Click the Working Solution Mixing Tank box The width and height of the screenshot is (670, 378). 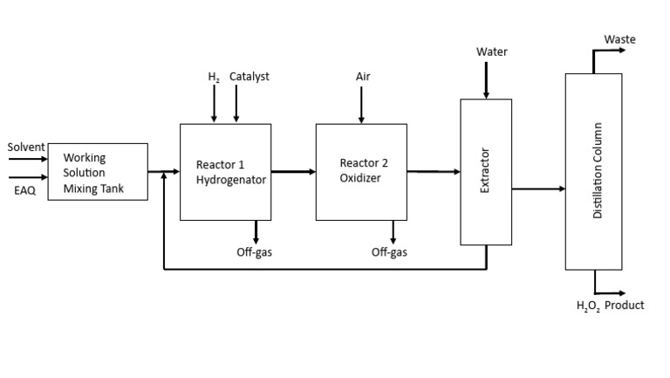[97, 171]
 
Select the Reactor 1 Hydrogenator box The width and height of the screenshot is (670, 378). [224, 172]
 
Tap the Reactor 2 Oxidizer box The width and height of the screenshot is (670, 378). [360, 172]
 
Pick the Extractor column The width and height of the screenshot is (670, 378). [486, 171]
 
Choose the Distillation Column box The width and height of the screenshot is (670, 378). [594, 171]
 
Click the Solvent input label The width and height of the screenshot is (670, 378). [26, 148]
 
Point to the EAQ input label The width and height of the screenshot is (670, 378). [25, 189]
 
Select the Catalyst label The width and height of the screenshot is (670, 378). [250, 77]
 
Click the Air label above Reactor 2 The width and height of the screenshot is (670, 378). [363, 77]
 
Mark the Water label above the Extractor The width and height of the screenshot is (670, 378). [491, 52]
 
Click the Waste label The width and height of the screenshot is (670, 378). [619, 39]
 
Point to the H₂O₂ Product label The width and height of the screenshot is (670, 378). [610, 306]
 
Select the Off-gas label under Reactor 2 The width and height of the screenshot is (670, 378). [389, 253]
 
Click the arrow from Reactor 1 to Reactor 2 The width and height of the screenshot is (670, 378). [292, 172]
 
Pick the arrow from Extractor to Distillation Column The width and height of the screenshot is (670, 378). [538, 189]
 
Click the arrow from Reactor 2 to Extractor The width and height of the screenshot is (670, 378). [433, 172]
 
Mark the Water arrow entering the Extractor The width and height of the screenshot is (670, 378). [486, 81]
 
